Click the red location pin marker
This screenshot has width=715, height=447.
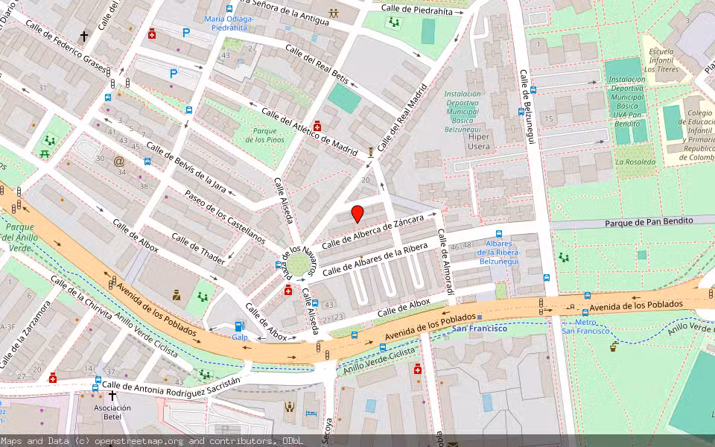click(x=357, y=214)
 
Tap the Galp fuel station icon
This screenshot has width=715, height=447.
click(x=239, y=326)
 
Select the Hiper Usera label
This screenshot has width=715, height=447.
click(x=478, y=142)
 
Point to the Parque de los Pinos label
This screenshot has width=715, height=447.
click(x=265, y=135)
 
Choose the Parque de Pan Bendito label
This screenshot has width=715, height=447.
click(x=648, y=221)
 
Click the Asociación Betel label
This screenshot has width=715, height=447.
click(x=112, y=412)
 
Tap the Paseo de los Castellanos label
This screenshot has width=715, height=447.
click(x=224, y=217)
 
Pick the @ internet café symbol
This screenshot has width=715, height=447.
click(x=118, y=160)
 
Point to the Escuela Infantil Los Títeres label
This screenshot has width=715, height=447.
click(x=661, y=60)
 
